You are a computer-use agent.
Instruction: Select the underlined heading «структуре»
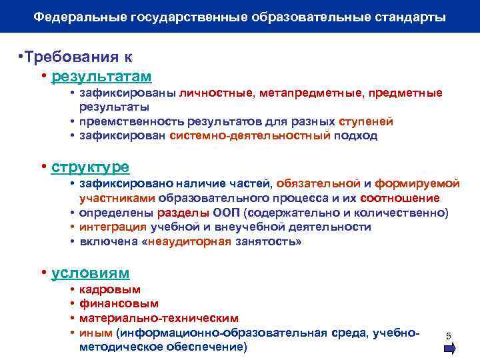[90, 166]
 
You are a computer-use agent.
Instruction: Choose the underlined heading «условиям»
[91, 273]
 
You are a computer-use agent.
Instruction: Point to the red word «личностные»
[215, 93]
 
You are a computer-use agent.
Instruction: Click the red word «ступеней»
[366, 121]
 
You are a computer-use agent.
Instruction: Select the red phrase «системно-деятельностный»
[250, 135]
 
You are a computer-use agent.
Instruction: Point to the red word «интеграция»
[110, 227]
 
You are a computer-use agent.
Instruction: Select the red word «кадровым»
[110, 290]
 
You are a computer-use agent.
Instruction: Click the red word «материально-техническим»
[159, 318]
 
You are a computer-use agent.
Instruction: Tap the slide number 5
[449, 335]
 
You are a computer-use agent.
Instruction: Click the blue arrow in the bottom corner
[449, 348]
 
